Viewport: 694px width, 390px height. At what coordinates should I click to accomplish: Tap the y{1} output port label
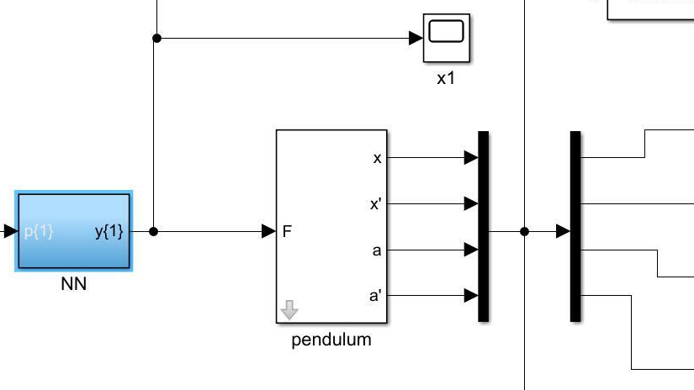click(x=109, y=231)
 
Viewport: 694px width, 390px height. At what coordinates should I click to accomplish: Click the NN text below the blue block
click(x=74, y=285)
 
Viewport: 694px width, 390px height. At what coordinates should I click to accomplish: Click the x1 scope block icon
click(x=446, y=38)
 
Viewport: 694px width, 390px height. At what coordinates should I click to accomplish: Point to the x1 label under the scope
click(x=446, y=81)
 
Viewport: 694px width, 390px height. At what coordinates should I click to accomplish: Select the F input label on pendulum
click(x=287, y=231)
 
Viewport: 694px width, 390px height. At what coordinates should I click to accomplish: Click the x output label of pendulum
click(x=377, y=157)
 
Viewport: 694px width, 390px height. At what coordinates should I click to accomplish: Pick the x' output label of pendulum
click(x=376, y=203)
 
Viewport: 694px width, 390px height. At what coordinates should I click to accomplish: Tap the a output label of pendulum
click(x=377, y=250)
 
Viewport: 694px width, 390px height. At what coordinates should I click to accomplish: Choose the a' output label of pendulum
click(x=376, y=296)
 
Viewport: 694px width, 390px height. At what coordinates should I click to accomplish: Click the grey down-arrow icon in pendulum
click(x=289, y=311)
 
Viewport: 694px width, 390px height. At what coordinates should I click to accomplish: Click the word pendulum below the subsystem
click(x=331, y=340)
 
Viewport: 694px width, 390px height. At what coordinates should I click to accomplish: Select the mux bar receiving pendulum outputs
click(x=483, y=226)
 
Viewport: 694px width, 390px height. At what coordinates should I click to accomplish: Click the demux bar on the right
click(x=575, y=226)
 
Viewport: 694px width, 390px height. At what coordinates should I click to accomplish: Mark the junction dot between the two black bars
click(x=525, y=231)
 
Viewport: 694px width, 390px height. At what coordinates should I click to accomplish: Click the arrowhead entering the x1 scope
click(x=416, y=38)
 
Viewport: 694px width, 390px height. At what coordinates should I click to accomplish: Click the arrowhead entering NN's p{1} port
click(x=9, y=231)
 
